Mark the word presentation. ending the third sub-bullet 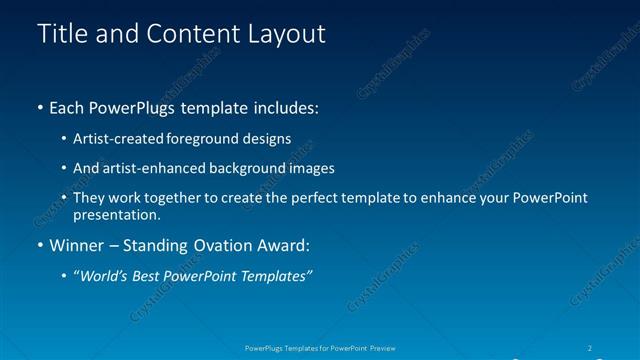116,214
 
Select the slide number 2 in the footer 590,348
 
